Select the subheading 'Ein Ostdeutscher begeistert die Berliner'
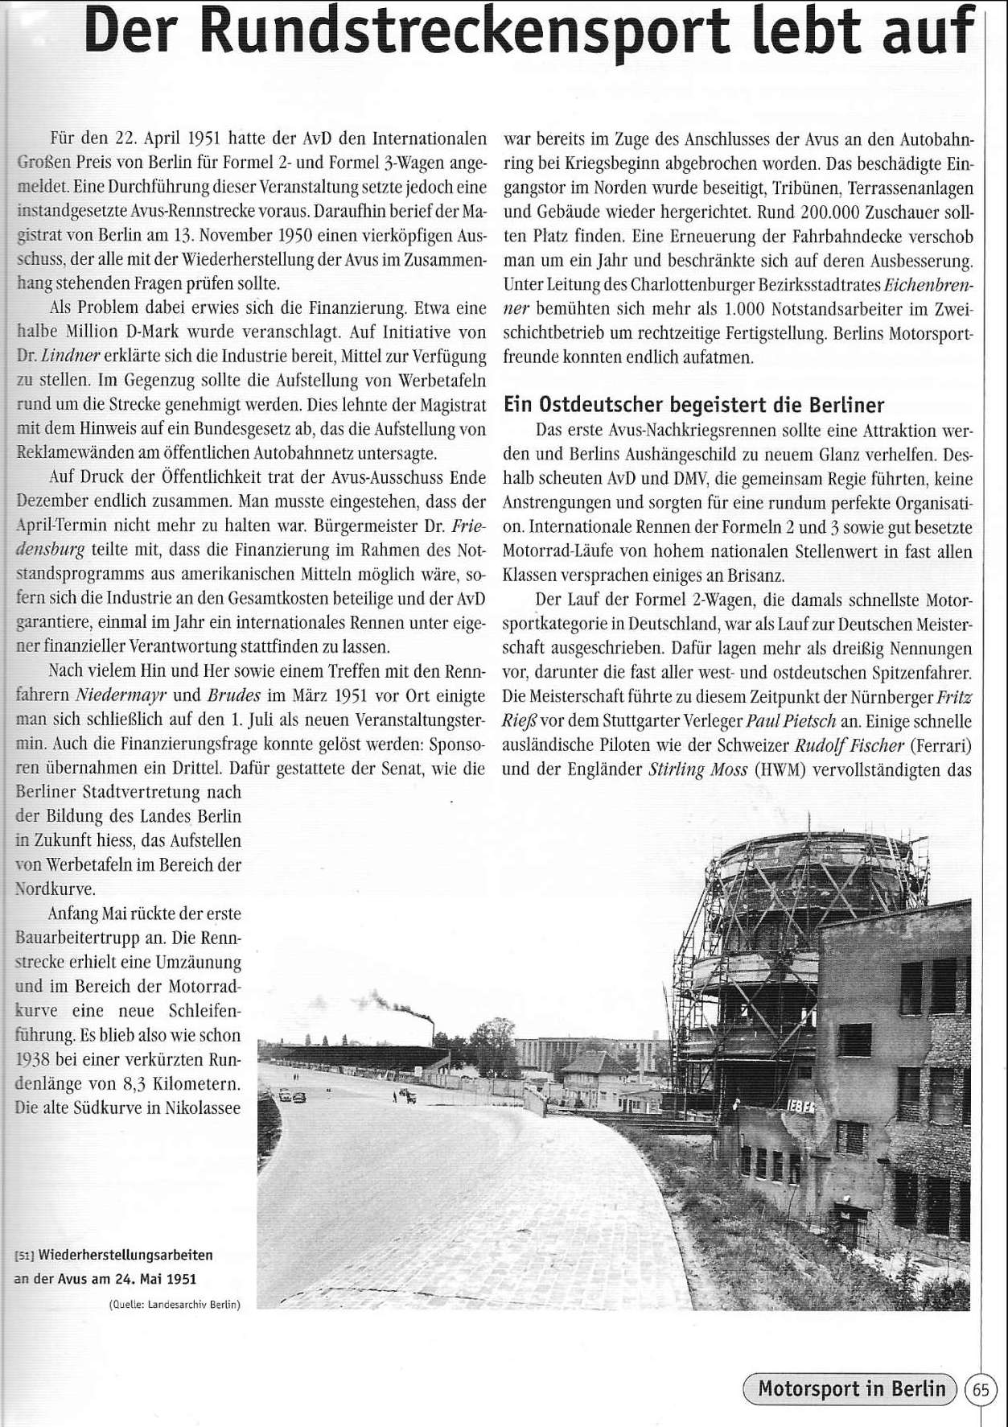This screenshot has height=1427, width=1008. click(693, 406)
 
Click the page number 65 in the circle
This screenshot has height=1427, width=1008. click(981, 1389)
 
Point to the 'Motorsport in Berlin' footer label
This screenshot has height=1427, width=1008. click(852, 1389)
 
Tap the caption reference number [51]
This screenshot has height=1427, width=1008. click(25, 1255)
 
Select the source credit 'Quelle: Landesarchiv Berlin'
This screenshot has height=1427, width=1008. click(175, 1304)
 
